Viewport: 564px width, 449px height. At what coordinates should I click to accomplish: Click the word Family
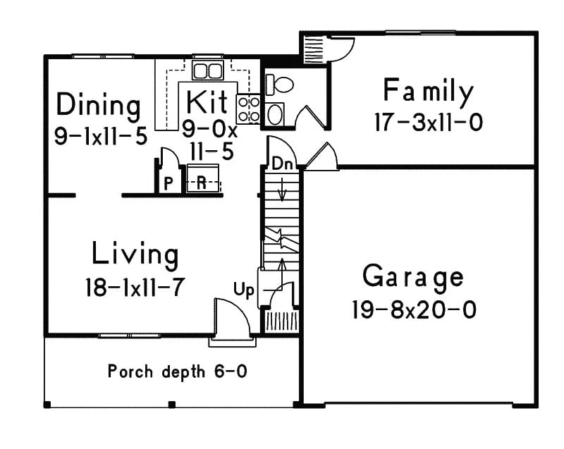tap(428, 92)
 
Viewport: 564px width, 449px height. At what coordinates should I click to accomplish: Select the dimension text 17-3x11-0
tap(428, 123)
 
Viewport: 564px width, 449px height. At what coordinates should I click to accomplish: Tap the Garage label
tap(413, 276)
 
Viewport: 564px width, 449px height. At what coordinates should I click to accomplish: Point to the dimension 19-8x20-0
tap(413, 309)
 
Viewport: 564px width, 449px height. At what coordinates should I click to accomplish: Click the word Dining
tap(98, 106)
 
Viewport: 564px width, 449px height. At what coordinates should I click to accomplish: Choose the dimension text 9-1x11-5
tap(100, 135)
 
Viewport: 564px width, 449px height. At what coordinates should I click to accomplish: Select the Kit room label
tap(207, 102)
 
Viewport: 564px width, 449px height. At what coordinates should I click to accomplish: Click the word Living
tap(135, 254)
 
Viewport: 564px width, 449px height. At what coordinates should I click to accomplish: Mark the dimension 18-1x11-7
tap(135, 287)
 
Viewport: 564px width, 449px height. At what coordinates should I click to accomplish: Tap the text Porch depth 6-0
tap(177, 371)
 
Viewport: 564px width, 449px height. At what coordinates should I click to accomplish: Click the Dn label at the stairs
tap(282, 164)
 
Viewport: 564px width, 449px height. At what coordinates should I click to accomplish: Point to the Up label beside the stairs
tap(244, 290)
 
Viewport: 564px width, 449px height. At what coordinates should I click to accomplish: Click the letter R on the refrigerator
tap(201, 183)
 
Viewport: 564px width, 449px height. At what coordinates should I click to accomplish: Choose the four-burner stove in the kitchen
tap(248, 109)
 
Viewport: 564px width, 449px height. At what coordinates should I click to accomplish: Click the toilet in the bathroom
tap(280, 85)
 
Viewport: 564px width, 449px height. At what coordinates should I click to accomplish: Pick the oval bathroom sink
tap(275, 113)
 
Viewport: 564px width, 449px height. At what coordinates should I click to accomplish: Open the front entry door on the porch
tap(232, 321)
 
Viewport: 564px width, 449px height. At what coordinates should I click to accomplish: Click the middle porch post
tap(171, 405)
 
